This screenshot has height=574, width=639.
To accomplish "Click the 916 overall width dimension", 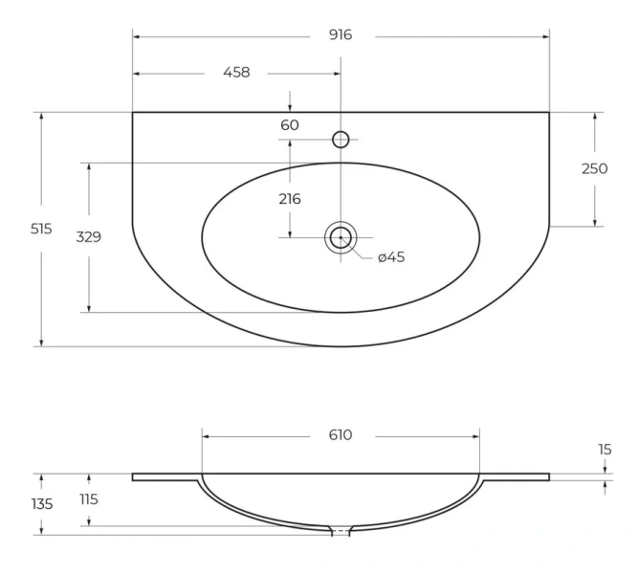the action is point(341,35).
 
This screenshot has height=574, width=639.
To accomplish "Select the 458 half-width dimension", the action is point(236,73).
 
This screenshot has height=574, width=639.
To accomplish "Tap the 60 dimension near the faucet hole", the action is point(290,125).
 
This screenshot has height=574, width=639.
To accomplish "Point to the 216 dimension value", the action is point(290,199).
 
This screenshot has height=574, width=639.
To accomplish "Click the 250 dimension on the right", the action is point(595,168).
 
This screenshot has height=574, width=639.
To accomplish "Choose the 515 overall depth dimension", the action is point(41,229).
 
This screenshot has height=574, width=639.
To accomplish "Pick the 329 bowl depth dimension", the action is point(88,237).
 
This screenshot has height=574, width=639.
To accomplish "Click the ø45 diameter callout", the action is point(391,257).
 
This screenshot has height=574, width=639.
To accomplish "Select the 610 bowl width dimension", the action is point(341,435).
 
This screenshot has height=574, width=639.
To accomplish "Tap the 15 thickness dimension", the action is point(605,450).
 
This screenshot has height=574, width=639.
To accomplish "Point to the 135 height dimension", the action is point(42,504).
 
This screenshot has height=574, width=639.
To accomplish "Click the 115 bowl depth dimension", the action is point(89,499).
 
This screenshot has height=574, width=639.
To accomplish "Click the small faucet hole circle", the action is point(341,140).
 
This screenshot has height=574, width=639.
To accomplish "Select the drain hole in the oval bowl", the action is point(341,237).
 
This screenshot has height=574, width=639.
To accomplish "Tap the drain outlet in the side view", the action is point(341,531).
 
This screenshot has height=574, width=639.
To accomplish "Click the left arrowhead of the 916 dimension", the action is point(137,37).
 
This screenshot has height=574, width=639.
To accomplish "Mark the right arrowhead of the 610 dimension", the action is point(476,436).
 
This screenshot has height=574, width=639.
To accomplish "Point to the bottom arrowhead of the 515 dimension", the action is point(41,342).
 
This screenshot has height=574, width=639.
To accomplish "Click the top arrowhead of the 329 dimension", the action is point(89,166).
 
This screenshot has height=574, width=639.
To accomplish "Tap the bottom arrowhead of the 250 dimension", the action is point(595,223).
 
